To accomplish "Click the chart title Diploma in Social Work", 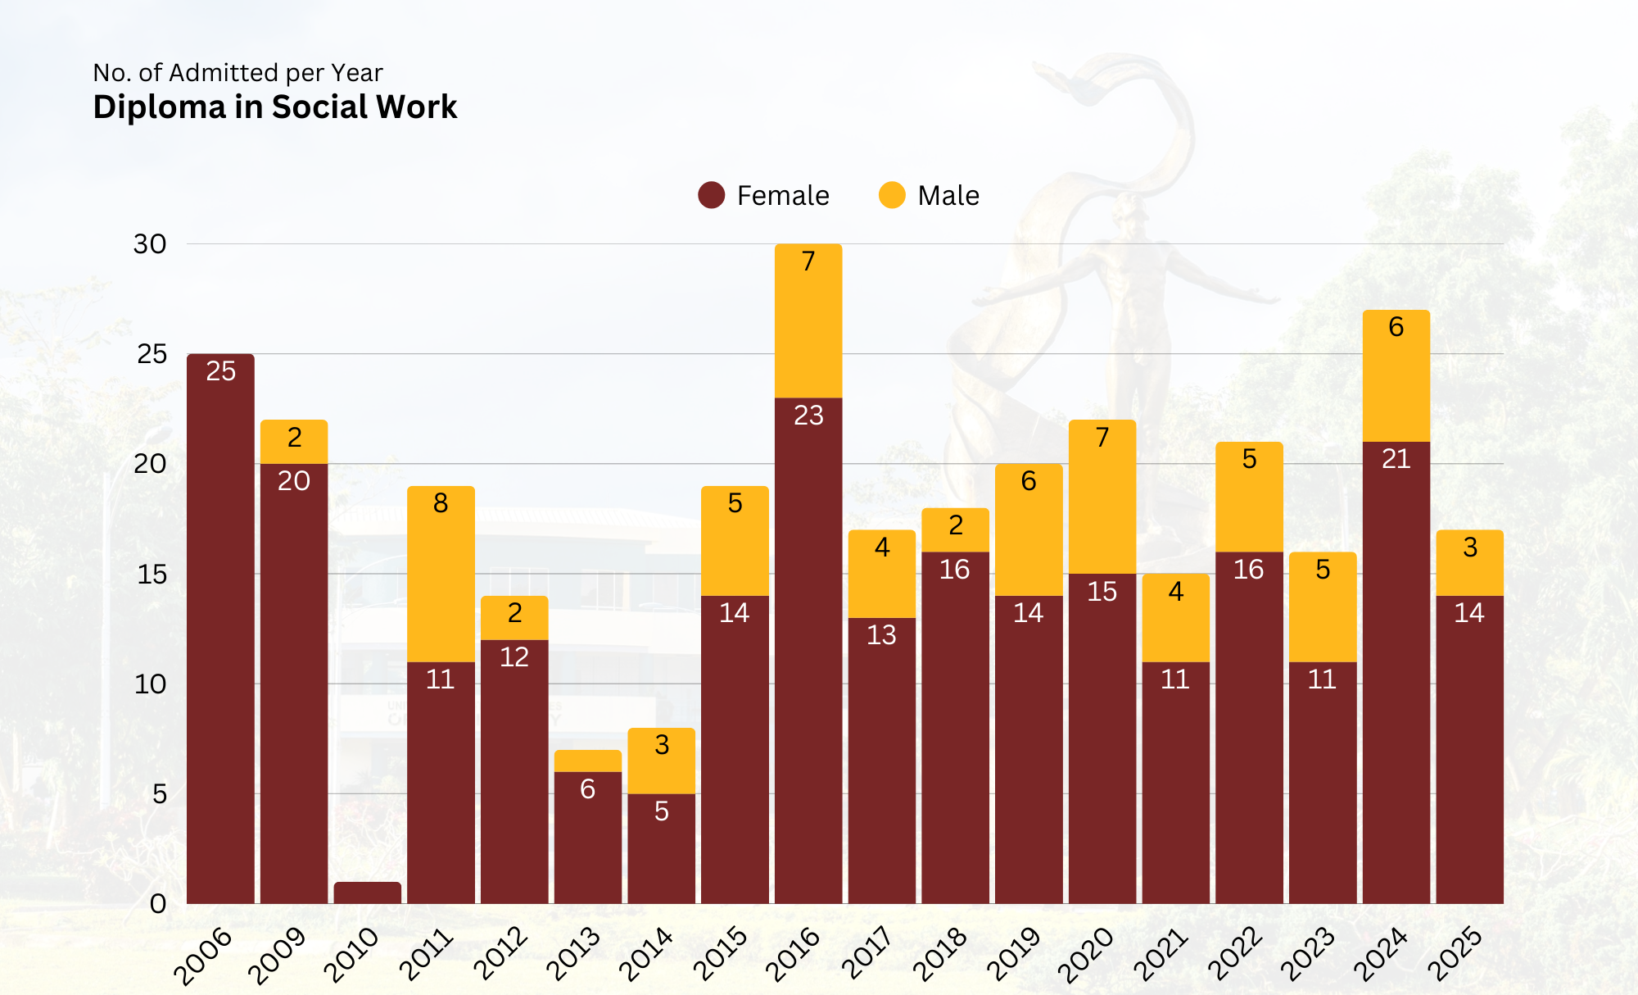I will coord(274,107).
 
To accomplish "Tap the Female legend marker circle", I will coord(711,195).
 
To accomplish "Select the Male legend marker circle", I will coord(891,195).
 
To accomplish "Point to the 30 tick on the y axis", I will coord(150,244).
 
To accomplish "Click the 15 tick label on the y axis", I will coord(152,574).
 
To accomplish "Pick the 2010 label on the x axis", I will coord(351,954).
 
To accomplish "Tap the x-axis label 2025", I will coord(1455,954).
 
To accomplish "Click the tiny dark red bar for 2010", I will coord(367,893).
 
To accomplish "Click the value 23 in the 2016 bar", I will coord(808,416).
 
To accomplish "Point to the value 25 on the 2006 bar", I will coord(220,371).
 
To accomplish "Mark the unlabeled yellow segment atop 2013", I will coord(587,761).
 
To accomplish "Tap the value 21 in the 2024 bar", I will coord(1396,459).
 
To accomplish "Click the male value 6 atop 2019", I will coord(1029,481).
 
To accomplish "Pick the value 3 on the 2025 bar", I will coord(1470,547).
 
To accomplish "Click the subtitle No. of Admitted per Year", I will coord(238,73).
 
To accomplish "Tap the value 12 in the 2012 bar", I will coord(514,657).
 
